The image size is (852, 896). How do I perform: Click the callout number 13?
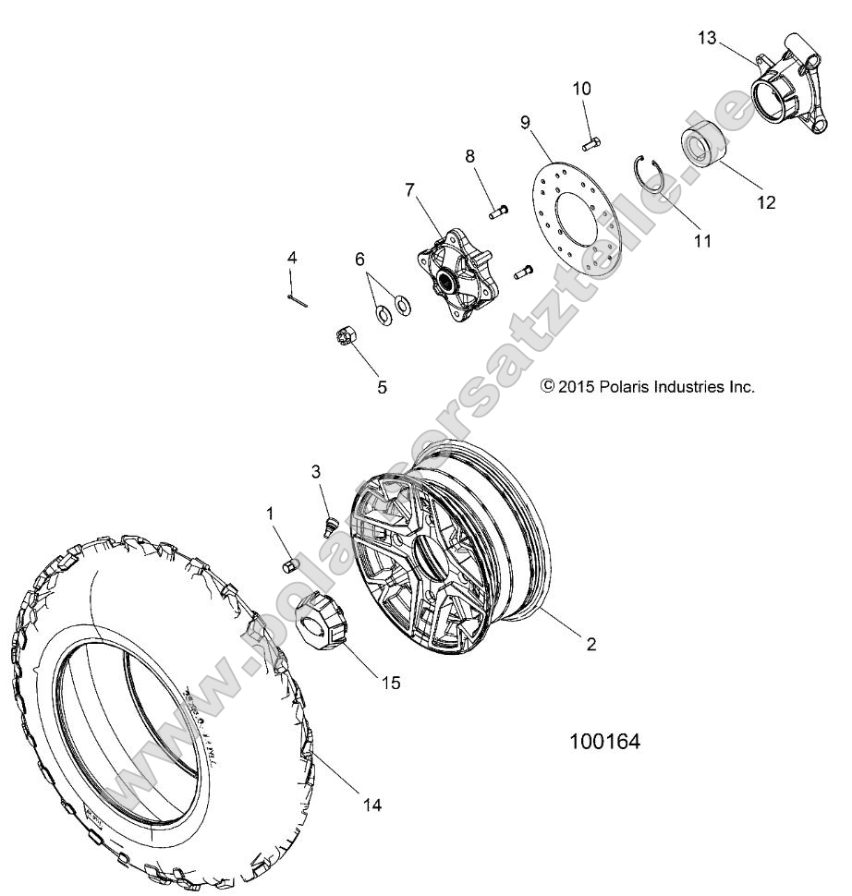coord(707,38)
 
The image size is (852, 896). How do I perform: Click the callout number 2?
coord(591,645)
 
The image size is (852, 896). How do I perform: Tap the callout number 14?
coord(371,805)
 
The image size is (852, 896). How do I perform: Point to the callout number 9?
coord(525,122)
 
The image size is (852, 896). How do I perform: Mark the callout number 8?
coord(470,156)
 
